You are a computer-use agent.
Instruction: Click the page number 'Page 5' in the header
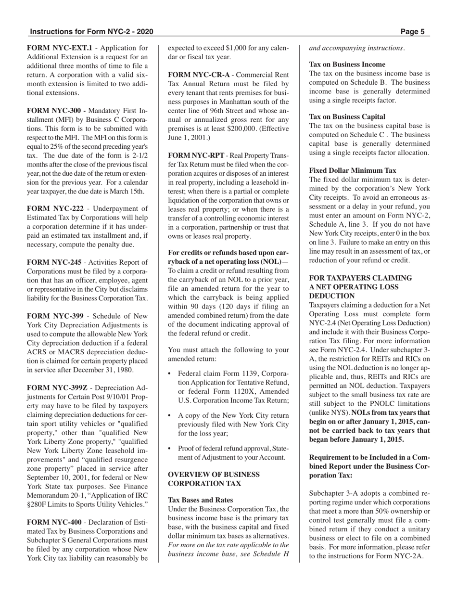click(x=412, y=32)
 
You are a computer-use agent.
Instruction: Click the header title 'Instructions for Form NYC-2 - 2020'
click(x=91, y=32)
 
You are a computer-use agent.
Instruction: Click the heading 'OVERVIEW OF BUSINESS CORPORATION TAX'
click(x=214, y=479)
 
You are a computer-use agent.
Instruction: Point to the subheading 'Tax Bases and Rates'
click(x=200, y=500)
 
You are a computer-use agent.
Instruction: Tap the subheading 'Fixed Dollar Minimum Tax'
click(x=353, y=170)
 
